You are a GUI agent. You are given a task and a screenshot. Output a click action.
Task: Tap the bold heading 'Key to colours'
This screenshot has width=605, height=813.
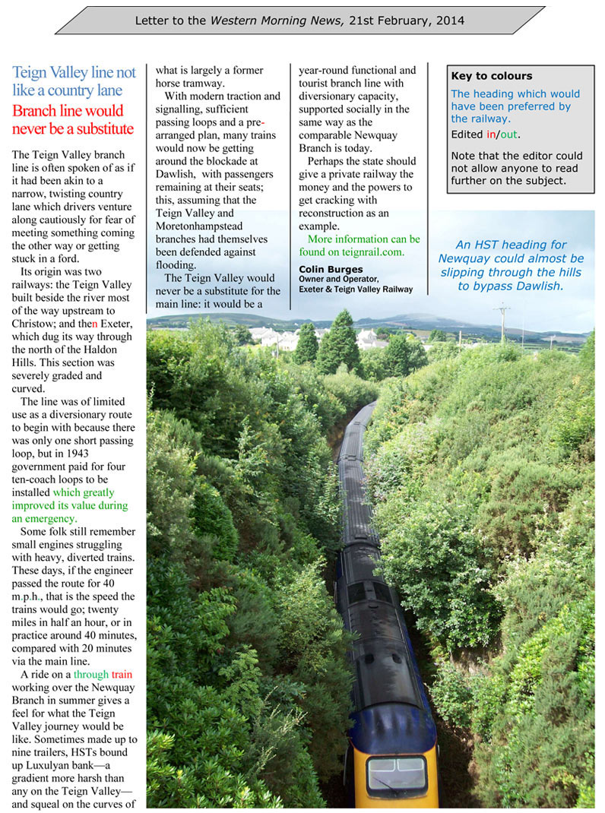[x=491, y=76]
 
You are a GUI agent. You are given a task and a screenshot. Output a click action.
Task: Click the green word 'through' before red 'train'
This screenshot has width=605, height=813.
[x=90, y=674]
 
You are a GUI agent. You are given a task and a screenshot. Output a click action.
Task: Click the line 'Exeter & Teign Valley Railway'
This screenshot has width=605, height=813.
[x=356, y=289]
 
